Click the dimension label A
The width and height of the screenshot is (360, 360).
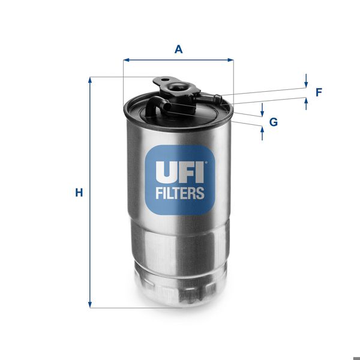pyautogui.click(x=178, y=49)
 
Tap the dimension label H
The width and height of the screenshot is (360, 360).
pyautogui.click(x=78, y=193)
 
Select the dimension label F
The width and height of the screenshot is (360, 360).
pyautogui.click(x=319, y=92)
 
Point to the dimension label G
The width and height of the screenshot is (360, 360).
pyautogui.click(x=274, y=122)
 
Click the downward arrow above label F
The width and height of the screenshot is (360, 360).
pyautogui.click(x=306, y=83)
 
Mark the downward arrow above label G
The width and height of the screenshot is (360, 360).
pyautogui.click(x=262, y=113)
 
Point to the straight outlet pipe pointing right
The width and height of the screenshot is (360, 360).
pyautogui.click(x=208, y=94)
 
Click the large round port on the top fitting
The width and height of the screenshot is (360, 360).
pyautogui.click(x=178, y=88)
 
